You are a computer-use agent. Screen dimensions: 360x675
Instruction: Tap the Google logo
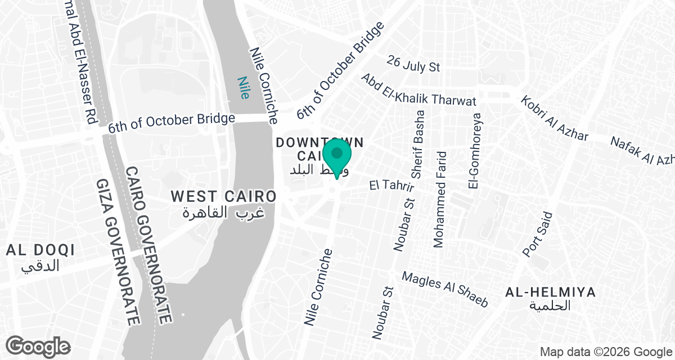click(x=38, y=346)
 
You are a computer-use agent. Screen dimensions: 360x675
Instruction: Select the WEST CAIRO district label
click(x=223, y=196)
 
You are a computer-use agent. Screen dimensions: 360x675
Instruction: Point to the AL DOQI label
click(x=40, y=250)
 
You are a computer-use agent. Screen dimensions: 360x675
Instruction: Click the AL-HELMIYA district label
click(x=550, y=292)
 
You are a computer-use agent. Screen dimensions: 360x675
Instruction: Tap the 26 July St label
click(x=413, y=64)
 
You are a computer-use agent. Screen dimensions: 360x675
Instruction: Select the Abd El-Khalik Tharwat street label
click(x=418, y=90)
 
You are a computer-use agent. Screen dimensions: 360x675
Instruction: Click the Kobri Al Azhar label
click(x=554, y=119)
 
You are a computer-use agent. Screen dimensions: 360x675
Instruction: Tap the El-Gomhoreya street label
click(x=475, y=151)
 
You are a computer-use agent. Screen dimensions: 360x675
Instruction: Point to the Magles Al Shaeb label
click(x=444, y=289)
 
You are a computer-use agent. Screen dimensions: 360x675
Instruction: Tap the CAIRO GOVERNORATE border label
click(x=148, y=244)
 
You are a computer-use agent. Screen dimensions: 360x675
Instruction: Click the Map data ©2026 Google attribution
click(x=606, y=352)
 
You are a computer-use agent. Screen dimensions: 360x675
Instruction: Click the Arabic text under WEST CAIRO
click(x=224, y=213)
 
